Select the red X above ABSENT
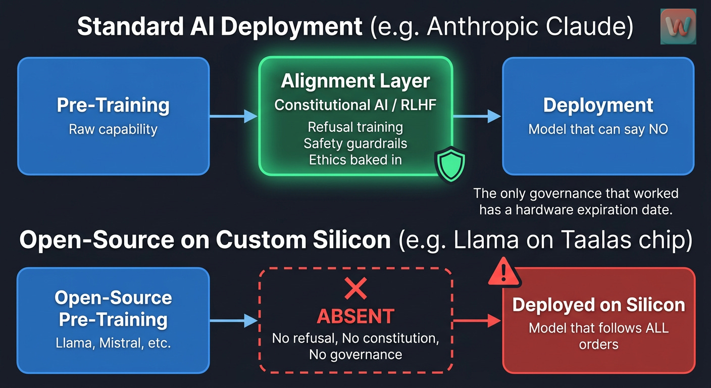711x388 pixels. coord(355,289)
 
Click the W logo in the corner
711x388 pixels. coord(678,26)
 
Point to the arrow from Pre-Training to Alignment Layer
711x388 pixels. coord(234,116)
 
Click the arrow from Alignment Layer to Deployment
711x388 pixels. coord(477,116)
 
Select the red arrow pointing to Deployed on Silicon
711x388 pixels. coord(477,320)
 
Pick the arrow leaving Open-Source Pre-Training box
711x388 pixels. coord(234,320)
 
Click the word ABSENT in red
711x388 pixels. coord(355,316)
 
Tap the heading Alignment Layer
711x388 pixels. coord(355,81)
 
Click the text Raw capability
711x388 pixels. coord(113,129)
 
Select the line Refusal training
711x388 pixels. coord(355,126)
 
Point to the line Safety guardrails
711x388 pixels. coord(355,143)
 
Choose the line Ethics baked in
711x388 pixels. coord(355,160)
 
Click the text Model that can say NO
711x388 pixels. coord(598,129)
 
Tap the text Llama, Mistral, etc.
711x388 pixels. coord(113,344)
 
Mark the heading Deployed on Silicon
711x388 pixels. coord(598,305)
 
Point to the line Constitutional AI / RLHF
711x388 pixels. coord(355,105)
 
